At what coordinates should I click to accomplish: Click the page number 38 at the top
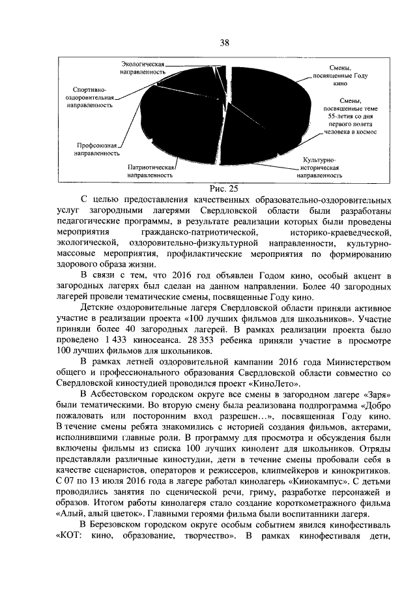pyautogui.click(x=224, y=44)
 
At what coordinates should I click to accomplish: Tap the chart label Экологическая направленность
pyautogui.click(x=142, y=68)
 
